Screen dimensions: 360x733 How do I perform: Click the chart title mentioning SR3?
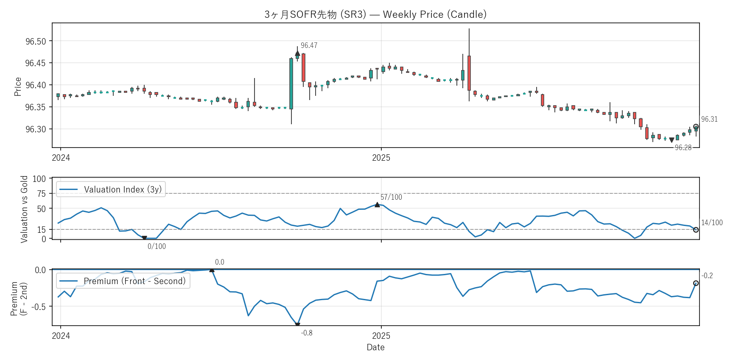pos(375,14)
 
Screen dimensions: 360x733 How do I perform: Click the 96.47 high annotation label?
pos(309,45)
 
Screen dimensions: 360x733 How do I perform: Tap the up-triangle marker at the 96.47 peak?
pos(297,53)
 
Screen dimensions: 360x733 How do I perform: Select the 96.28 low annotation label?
pos(683,148)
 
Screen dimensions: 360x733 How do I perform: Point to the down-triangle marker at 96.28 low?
pos(671,140)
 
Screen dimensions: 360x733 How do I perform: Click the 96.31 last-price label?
pos(709,119)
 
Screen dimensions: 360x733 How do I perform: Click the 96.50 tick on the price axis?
pos(36,41)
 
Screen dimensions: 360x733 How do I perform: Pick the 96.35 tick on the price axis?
pos(36,107)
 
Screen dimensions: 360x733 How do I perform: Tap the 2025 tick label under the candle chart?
pos(381,158)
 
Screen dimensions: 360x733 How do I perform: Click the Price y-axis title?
pos(18,87)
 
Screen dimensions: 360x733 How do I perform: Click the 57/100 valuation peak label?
pos(391,197)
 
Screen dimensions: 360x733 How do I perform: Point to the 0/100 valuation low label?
pos(157,246)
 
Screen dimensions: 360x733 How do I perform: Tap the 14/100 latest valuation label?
pos(712,223)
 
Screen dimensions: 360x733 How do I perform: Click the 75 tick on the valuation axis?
pos(41,193)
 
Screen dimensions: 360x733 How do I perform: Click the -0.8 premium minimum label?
pos(307,333)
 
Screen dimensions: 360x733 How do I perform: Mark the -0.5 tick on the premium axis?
pos(40,306)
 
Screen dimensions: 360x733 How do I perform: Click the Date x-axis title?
pos(375,347)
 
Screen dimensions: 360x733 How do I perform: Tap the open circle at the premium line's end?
pos(696,283)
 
